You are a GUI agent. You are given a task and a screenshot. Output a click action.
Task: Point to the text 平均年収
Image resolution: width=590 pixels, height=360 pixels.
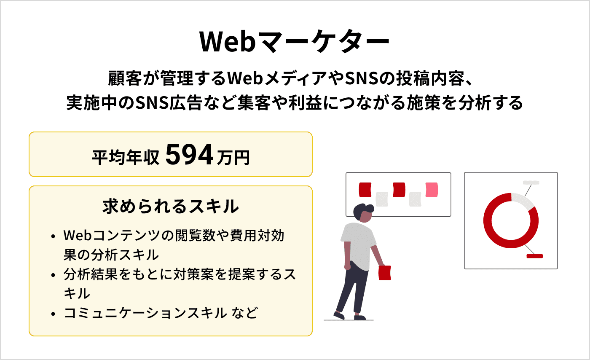125,158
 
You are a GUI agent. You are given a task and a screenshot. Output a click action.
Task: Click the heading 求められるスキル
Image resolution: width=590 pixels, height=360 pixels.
170,207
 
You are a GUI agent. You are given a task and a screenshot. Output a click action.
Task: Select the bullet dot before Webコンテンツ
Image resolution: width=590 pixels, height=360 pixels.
53,236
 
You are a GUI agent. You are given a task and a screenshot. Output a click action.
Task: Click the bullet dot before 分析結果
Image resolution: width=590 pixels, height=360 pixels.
53,275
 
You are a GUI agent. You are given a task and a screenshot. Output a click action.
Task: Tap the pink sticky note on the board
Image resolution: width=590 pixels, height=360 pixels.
432,190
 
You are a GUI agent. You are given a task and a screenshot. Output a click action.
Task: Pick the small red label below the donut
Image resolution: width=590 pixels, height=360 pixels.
534,256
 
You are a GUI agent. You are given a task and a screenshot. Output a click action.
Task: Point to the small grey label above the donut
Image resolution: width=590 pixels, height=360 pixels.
531,183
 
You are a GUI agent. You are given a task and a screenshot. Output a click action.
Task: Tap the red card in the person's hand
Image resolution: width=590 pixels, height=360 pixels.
385,272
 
